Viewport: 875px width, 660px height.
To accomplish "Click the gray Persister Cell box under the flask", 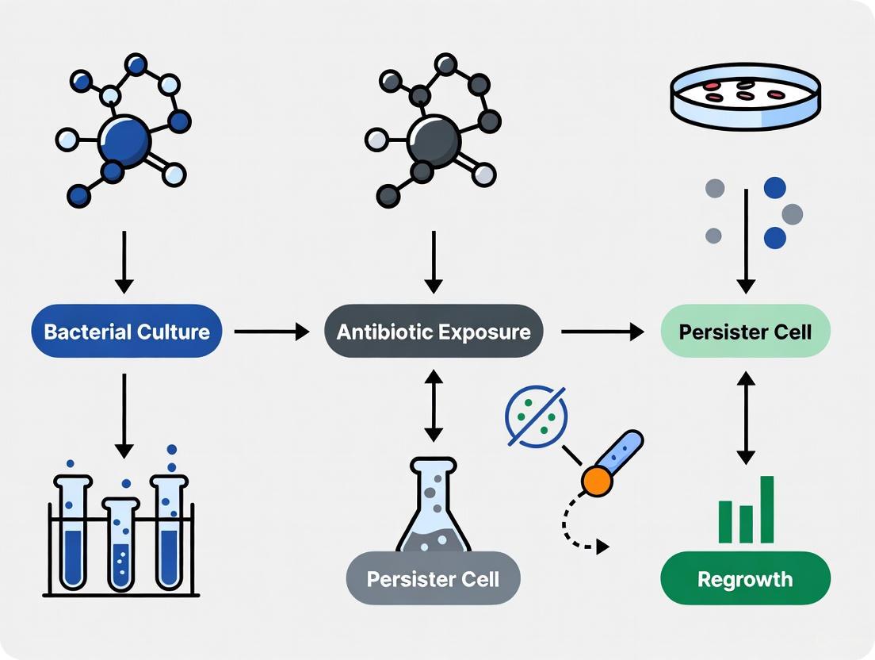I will [x=434, y=578].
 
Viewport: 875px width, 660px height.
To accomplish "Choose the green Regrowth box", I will [x=745, y=578].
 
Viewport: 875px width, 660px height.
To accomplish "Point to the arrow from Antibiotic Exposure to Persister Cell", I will [x=601, y=332].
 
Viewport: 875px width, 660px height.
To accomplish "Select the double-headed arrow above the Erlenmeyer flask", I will [x=434, y=404].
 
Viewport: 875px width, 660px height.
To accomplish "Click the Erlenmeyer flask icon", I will [x=434, y=508].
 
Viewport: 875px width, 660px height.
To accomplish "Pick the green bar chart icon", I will [x=746, y=512].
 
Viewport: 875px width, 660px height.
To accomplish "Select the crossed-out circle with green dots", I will [x=536, y=415].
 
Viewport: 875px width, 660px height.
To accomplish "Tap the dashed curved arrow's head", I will [x=604, y=547].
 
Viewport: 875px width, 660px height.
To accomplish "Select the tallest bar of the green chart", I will [x=766, y=509].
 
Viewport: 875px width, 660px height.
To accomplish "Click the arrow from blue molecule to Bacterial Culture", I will [x=124, y=261].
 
